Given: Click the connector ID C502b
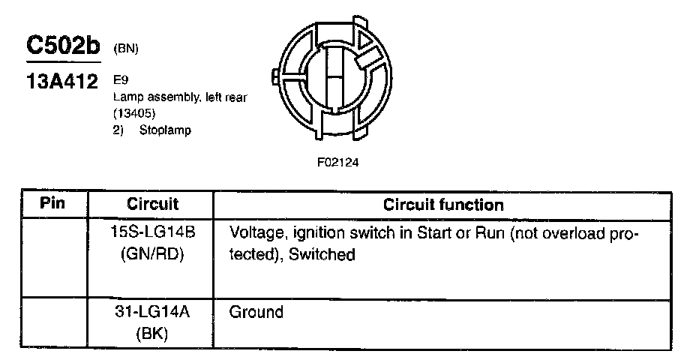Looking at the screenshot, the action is [63, 46].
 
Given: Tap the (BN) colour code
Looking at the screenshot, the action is [126, 49].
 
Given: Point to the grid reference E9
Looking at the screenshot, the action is [119, 77].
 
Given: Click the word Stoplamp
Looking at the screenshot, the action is [165, 130].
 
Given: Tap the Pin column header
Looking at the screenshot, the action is [52, 204].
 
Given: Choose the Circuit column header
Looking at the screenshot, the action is [152, 204].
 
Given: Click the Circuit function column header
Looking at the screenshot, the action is [443, 204].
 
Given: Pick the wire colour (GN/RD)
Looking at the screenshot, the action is [152, 254].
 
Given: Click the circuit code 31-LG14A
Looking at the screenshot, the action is [152, 312].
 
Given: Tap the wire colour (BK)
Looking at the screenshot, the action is [152, 334].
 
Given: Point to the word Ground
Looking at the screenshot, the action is [256, 312].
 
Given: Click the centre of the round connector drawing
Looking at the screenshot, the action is [334, 78].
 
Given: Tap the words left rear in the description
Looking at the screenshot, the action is [222, 97].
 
